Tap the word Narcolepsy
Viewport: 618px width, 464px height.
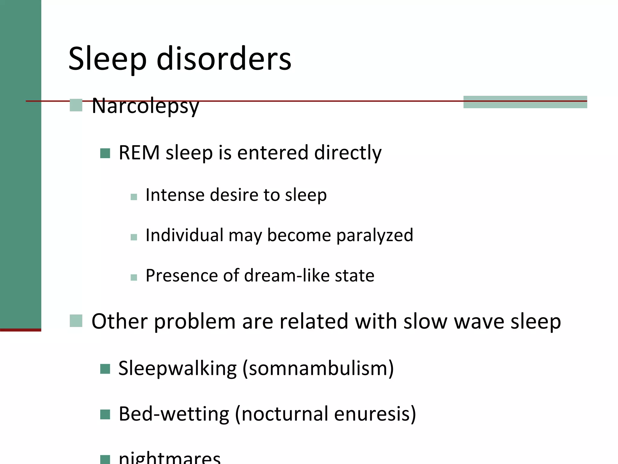tap(145, 106)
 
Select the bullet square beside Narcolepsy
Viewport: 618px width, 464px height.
tap(76, 105)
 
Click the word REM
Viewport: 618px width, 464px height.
tap(139, 153)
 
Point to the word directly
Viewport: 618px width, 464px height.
tap(348, 153)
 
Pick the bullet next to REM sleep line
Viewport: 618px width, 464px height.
tap(105, 153)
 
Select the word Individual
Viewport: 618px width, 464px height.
tap(184, 235)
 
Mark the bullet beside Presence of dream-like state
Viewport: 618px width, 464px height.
tap(134, 277)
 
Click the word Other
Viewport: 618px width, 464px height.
tap(119, 321)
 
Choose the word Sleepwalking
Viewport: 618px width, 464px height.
tap(177, 368)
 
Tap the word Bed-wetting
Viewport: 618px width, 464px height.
tap(174, 414)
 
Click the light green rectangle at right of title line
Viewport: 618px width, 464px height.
tap(525, 102)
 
